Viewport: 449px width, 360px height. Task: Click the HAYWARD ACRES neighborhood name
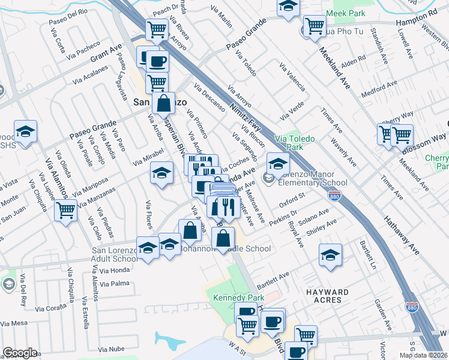pyautogui.click(x=328, y=296)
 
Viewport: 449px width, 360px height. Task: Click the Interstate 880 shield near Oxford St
pyautogui.click(x=335, y=196)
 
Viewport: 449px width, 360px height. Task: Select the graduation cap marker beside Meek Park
pyautogui.click(x=288, y=7)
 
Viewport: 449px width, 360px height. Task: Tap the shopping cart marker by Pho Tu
pyautogui.click(x=314, y=26)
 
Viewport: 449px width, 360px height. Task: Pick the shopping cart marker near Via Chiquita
pyautogui.click(x=65, y=211)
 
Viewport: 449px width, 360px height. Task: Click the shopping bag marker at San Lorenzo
pyautogui.click(x=163, y=103)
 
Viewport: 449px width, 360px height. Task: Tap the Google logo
pyautogui.click(x=20, y=353)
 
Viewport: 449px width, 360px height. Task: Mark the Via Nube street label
pyautogui.click(x=111, y=349)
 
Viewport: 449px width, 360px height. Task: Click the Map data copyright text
pyautogui.click(x=423, y=355)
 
